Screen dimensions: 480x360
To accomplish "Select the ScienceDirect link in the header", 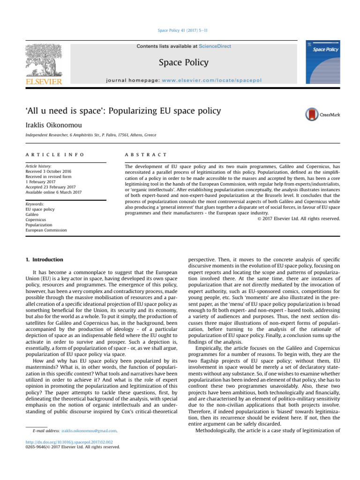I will pos(215,46).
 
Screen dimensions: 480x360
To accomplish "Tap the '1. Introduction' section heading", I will pos(43,259).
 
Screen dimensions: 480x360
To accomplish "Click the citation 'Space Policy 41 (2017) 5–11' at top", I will pos(180,30).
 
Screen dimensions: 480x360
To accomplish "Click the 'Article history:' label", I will pos(39,166).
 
